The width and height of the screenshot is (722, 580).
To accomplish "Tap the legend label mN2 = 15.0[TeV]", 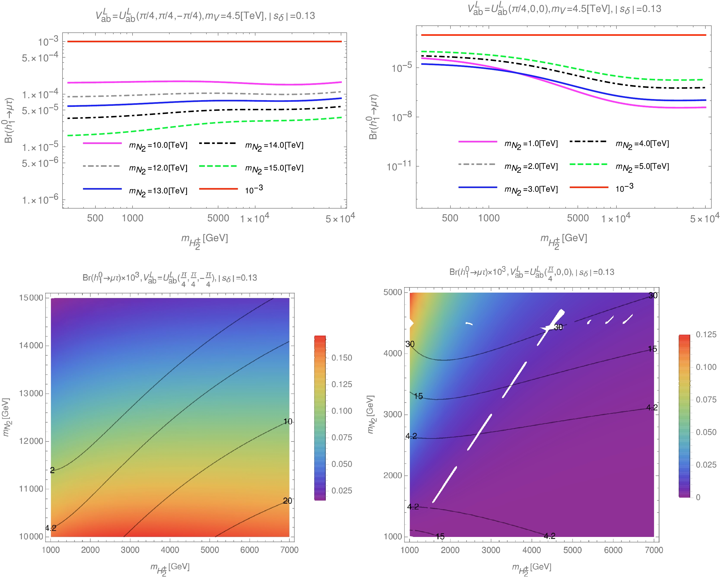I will tap(274, 168).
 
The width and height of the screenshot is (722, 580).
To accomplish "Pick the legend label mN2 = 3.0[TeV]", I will tap(531, 190).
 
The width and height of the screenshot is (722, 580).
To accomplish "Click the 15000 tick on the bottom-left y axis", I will tap(31, 298).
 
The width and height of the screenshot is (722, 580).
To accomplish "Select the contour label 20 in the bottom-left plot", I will tap(287, 501).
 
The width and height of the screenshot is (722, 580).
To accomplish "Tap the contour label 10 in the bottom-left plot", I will tap(288, 421).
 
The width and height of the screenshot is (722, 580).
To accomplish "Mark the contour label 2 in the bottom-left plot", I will tap(52, 470).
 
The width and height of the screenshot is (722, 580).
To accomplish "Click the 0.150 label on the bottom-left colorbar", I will tap(342, 358).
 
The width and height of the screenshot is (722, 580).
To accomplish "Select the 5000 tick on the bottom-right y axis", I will tap(392, 292).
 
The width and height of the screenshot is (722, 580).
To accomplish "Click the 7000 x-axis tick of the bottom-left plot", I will tap(289, 550).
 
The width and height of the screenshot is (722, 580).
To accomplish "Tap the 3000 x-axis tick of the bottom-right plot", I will tap(491, 550).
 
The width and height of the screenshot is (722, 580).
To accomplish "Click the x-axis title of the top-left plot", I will tap(204, 240).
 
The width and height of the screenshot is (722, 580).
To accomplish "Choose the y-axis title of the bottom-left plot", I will tap(7, 417).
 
